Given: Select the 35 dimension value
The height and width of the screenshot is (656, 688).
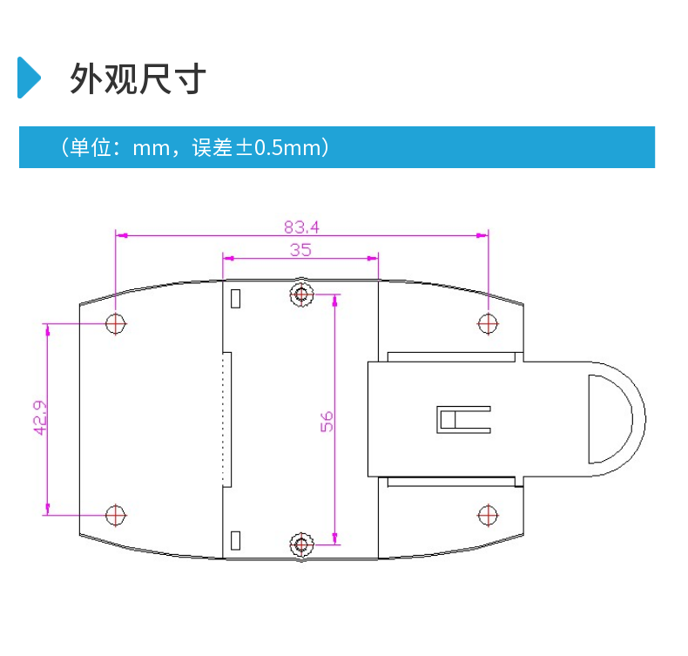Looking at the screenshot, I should [x=300, y=249].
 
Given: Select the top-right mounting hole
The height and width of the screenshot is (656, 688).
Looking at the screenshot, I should [x=488, y=324].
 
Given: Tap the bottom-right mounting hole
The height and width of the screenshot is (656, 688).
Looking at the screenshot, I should [x=488, y=515].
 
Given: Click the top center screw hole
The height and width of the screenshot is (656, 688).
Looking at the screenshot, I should [x=301, y=294].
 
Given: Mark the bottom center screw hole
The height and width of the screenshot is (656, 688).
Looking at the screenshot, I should [x=301, y=545].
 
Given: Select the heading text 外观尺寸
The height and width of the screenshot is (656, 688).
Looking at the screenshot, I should [x=138, y=78].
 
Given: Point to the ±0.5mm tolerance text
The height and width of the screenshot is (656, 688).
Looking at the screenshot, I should [x=280, y=148].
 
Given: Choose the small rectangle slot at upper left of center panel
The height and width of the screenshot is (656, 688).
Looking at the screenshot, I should [x=234, y=297].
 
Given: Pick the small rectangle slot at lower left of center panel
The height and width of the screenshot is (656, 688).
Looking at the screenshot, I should [x=234, y=540].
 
